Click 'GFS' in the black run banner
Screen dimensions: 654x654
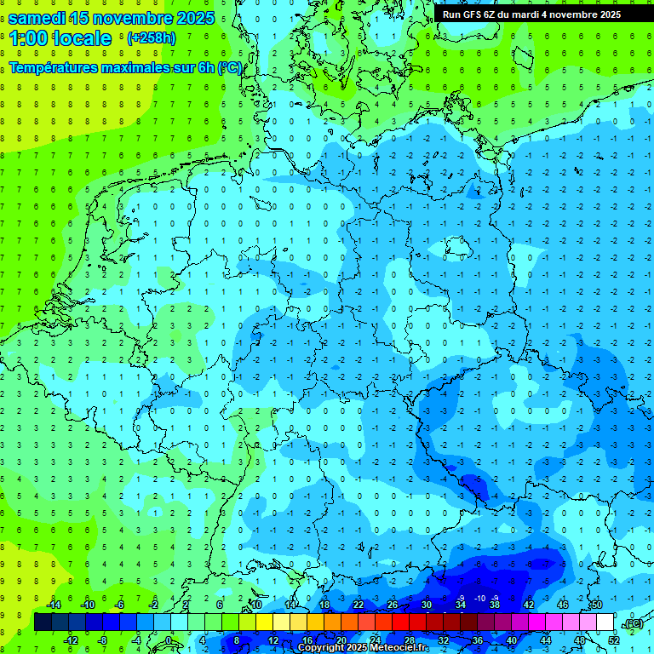click(473, 14)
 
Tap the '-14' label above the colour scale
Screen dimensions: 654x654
click(53, 605)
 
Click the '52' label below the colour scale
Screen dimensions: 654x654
click(613, 640)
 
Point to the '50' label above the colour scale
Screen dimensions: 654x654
click(596, 605)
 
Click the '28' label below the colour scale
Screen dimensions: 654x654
click(410, 640)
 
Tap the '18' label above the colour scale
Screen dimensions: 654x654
click(324, 605)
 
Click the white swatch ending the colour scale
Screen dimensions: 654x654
click(605, 622)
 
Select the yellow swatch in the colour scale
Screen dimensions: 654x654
click(264, 622)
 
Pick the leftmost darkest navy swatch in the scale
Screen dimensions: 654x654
click(43, 622)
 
